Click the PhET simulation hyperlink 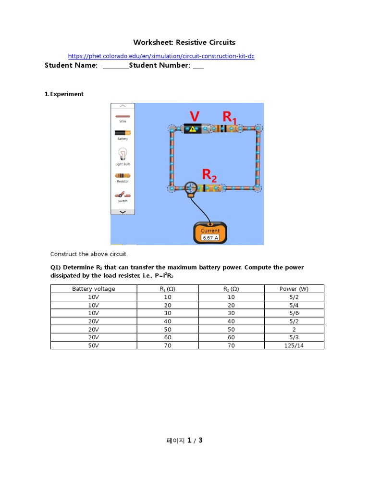click(x=161, y=56)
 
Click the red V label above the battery click(x=195, y=117)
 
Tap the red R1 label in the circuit click(x=229, y=117)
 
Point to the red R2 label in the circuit click(x=209, y=175)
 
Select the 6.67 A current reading click(x=210, y=237)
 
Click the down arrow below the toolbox click(x=123, y=212)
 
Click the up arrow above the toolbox click(x=123, y=106)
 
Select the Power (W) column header click(x=294, y=289)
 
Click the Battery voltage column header click(x=94, y=289)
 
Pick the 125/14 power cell click(x=294, y=345)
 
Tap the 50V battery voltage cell click(x=94, y=345)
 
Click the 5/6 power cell click(x=294, y=313)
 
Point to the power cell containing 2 click(x=294, y=329)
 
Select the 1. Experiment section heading click(x=64, y=94)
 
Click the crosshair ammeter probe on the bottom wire click(x=191, y=187)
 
